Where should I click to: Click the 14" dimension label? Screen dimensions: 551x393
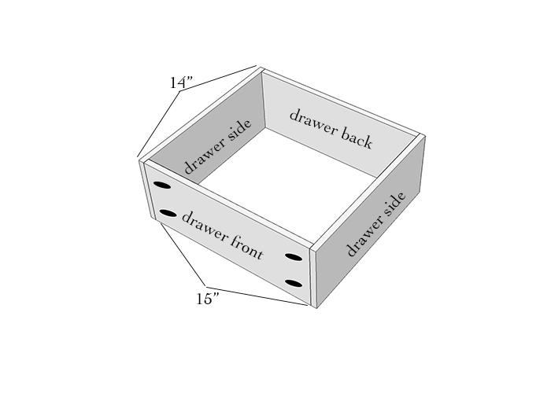coord(181,83)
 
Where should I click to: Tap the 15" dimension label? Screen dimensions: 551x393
coord(208,299)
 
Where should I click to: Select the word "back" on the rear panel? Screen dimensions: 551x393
coord(355,137)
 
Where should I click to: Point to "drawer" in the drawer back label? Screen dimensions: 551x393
coord(312,120)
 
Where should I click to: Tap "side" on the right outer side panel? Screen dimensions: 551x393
coord(393,205)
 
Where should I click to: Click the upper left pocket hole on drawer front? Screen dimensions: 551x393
coord(162,185)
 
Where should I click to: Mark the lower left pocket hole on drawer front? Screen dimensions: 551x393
coord(168,213)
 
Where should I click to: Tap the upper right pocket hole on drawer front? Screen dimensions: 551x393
coord(294,257)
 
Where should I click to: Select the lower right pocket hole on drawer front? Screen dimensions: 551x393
coord(294,283)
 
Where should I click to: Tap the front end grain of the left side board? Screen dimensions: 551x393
coord(148,189)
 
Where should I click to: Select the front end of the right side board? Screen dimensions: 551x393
coord(313,277)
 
